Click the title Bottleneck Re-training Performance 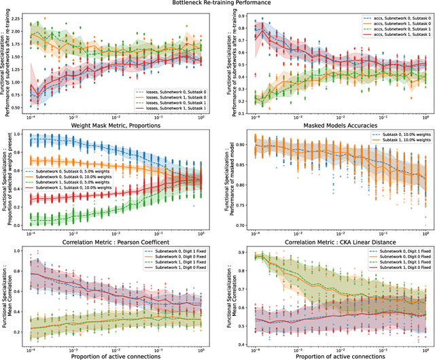tap(217, 4)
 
